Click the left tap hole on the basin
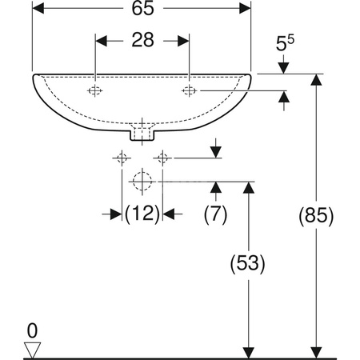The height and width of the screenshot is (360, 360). click(x=94, y=90)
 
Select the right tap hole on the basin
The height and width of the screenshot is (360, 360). click(x=189, y=90)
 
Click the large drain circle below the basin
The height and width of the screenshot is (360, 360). click(x=142, y=182)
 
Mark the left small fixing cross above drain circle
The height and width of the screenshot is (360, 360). click(x=122, y=158)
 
